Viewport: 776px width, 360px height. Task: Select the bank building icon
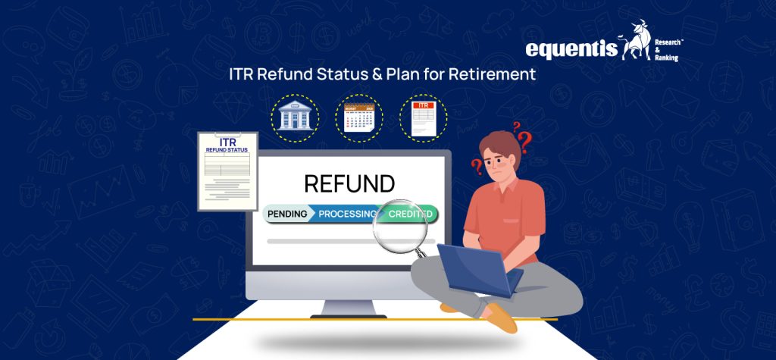295,119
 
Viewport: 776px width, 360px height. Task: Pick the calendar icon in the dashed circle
359,119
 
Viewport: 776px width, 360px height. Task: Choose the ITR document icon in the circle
423,119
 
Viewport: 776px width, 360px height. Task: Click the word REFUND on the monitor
349,184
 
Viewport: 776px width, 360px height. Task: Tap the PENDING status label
289,214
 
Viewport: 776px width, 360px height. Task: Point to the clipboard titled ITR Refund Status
227,171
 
